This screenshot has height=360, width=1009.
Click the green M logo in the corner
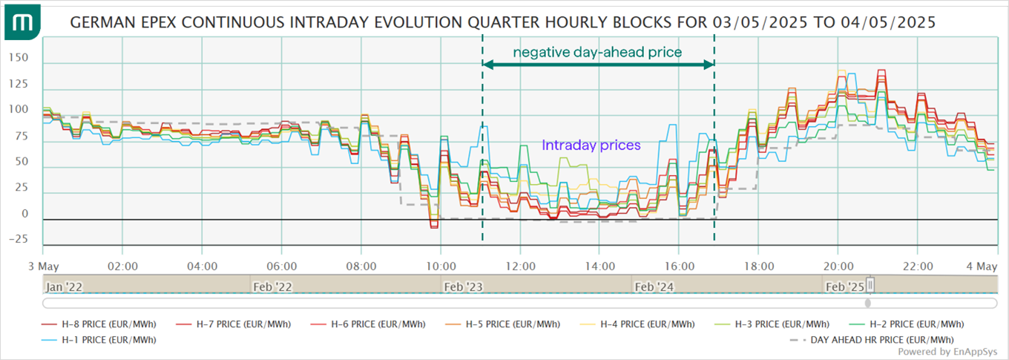22,22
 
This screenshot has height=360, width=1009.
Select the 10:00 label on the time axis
441,266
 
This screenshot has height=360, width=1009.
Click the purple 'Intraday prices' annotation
591,145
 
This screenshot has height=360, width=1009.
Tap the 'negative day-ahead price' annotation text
597,52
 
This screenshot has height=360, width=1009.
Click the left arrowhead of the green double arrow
487,65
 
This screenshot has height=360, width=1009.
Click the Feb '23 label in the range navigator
463,286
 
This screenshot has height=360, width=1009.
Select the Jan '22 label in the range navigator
65,286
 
